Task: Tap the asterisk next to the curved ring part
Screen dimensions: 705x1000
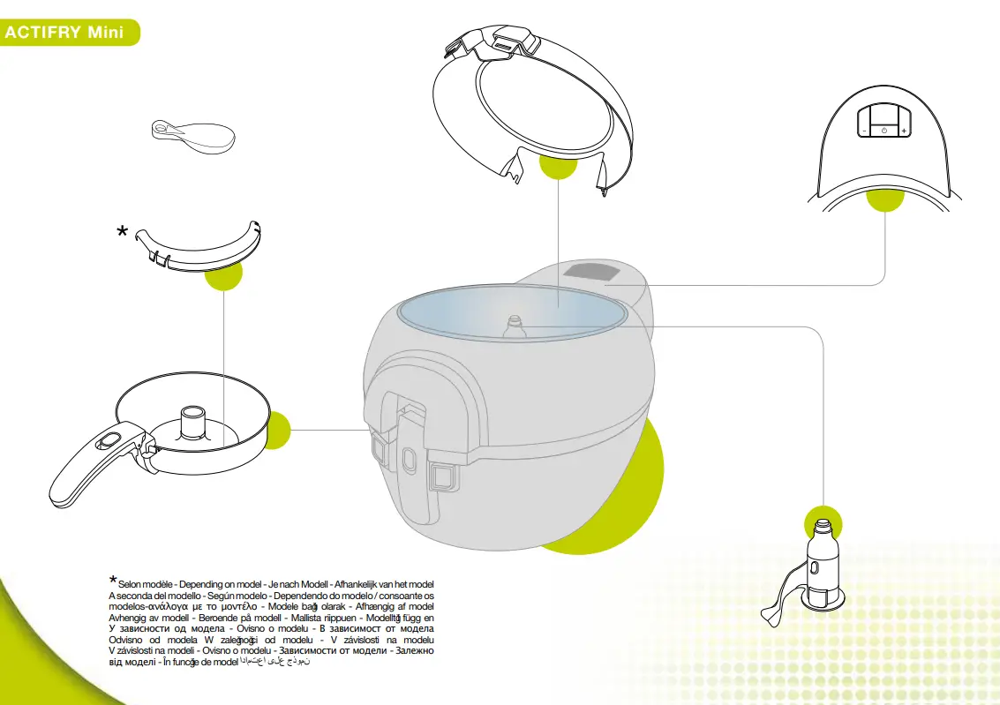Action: (x=123, y=232)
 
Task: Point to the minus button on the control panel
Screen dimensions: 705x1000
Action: (x=864, y=131)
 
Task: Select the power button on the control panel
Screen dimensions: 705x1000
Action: (x=884, y=131)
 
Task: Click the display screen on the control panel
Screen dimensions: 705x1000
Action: (x=884, y=116)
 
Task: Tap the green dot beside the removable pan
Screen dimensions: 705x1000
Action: (x=275, y=430)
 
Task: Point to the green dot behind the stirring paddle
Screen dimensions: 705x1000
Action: (x=821, y=522)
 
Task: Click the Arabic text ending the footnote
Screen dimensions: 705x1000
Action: (x=275, y=662)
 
